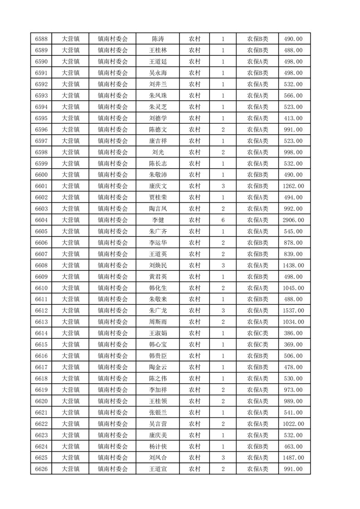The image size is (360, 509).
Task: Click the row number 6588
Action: [41, 39]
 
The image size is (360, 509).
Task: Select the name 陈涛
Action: [158, 39]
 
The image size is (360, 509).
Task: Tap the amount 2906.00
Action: [293, 220]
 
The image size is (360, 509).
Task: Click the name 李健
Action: [158, 220]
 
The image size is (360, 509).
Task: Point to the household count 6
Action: [223, 220]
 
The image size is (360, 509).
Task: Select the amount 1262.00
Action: [293, 186]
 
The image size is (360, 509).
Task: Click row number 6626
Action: [41, 469]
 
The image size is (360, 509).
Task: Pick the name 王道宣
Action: [158, 469]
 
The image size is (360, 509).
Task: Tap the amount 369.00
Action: [293, 344]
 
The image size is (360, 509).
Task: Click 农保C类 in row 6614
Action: [257, 333]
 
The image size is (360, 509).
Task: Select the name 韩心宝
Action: [158, 344]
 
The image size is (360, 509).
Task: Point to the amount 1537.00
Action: [293, 310]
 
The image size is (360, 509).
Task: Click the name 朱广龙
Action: [158, 310]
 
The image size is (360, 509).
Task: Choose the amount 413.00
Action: [293, 118]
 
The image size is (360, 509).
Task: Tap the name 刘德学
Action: [158, 118]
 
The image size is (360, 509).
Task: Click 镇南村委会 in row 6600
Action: [113, 175]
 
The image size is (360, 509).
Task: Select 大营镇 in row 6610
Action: [71, 288]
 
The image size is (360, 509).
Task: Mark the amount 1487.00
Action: [293, 458]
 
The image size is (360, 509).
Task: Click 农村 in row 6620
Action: [195, 401]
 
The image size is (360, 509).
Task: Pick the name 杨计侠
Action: [158, 446]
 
